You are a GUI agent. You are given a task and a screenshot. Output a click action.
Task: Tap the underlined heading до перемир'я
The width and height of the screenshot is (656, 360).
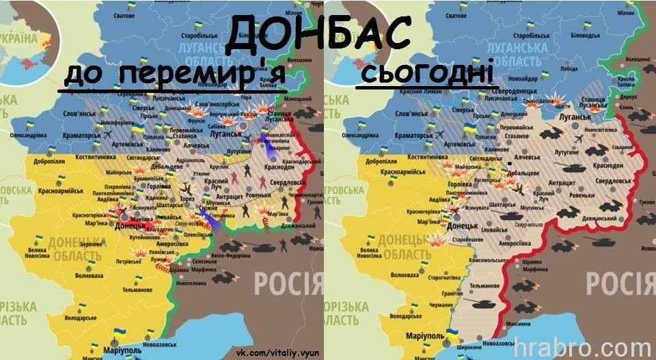coord(174,77)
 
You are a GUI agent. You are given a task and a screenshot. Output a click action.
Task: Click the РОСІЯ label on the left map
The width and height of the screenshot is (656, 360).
coord(287,281)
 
